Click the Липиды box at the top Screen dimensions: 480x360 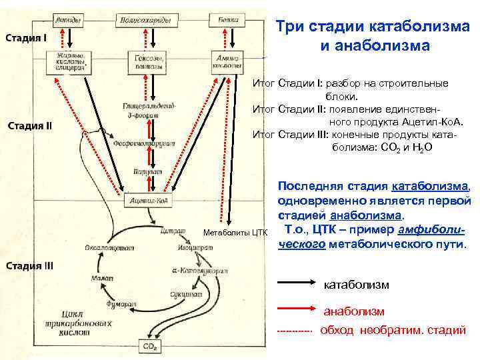70,21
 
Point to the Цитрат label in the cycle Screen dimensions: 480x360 173,232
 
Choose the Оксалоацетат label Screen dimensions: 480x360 109,247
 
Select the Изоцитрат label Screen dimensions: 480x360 191,248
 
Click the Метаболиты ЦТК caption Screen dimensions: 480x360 235,233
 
